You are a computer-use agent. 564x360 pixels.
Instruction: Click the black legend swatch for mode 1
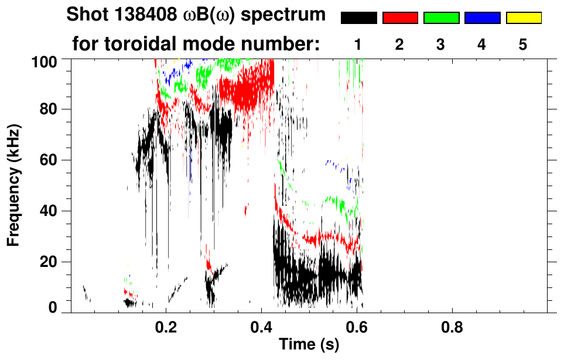tap(359, 18)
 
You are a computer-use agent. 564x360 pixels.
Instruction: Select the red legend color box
tap(400, 18)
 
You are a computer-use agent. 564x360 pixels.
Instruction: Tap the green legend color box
tap(441, 18)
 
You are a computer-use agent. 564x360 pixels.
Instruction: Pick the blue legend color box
tap(482, 18)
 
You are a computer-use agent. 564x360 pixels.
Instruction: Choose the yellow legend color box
tap(524, 18)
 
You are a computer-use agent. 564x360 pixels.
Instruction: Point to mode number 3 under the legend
tap(441, 44)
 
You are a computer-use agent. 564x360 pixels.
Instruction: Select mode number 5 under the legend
tap(524, 44)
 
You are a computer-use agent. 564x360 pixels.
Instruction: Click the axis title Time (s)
tap(309, 345)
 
